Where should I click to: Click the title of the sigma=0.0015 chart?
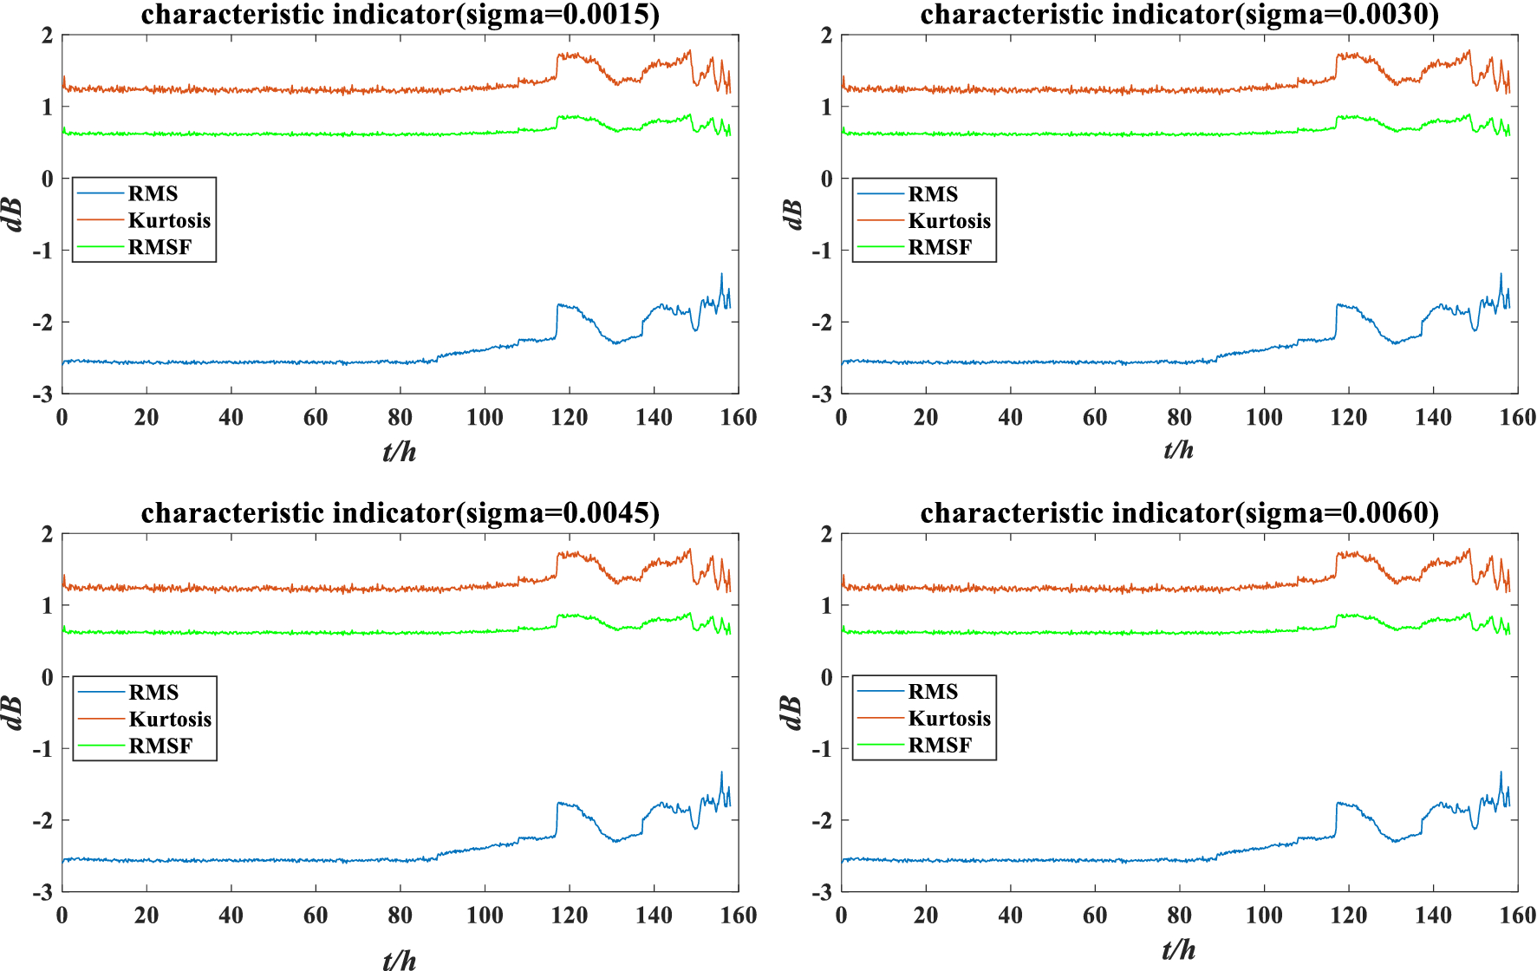click(x=400, y=15)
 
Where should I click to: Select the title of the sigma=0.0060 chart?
click(x=1179, y=513)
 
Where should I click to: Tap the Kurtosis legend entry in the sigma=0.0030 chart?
click(x=948, y=221)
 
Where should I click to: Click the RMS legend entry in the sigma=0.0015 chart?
click(x=153, y=194)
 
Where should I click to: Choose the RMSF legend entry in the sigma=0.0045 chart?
click(x=160, y=746)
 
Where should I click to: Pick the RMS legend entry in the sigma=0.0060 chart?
click(x=933, y=692)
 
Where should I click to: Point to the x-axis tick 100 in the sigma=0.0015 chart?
click(x=485, y=418)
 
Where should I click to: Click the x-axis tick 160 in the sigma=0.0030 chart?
click(x=1518, y=418)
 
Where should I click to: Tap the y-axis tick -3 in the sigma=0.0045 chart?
click(x=42, y=892)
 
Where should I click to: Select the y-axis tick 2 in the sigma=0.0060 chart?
click(x=826, y=534)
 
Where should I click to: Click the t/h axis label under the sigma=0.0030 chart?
click(x=1179, y=450)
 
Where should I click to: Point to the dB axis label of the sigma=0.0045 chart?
click(x=13, y=713)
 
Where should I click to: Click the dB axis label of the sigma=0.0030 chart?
click(x=792, y=214)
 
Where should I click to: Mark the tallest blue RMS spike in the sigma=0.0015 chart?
click(x=721, y=275)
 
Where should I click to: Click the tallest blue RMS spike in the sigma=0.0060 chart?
click(x=1501, y=773)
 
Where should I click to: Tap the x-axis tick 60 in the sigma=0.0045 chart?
click(x=316, y=916)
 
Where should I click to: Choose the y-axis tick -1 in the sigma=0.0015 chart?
click(x=42, y=251)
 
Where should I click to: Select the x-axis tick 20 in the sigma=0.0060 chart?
click(x=926, y=916)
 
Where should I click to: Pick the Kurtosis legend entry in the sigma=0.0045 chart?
click(x=170, y=720)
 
